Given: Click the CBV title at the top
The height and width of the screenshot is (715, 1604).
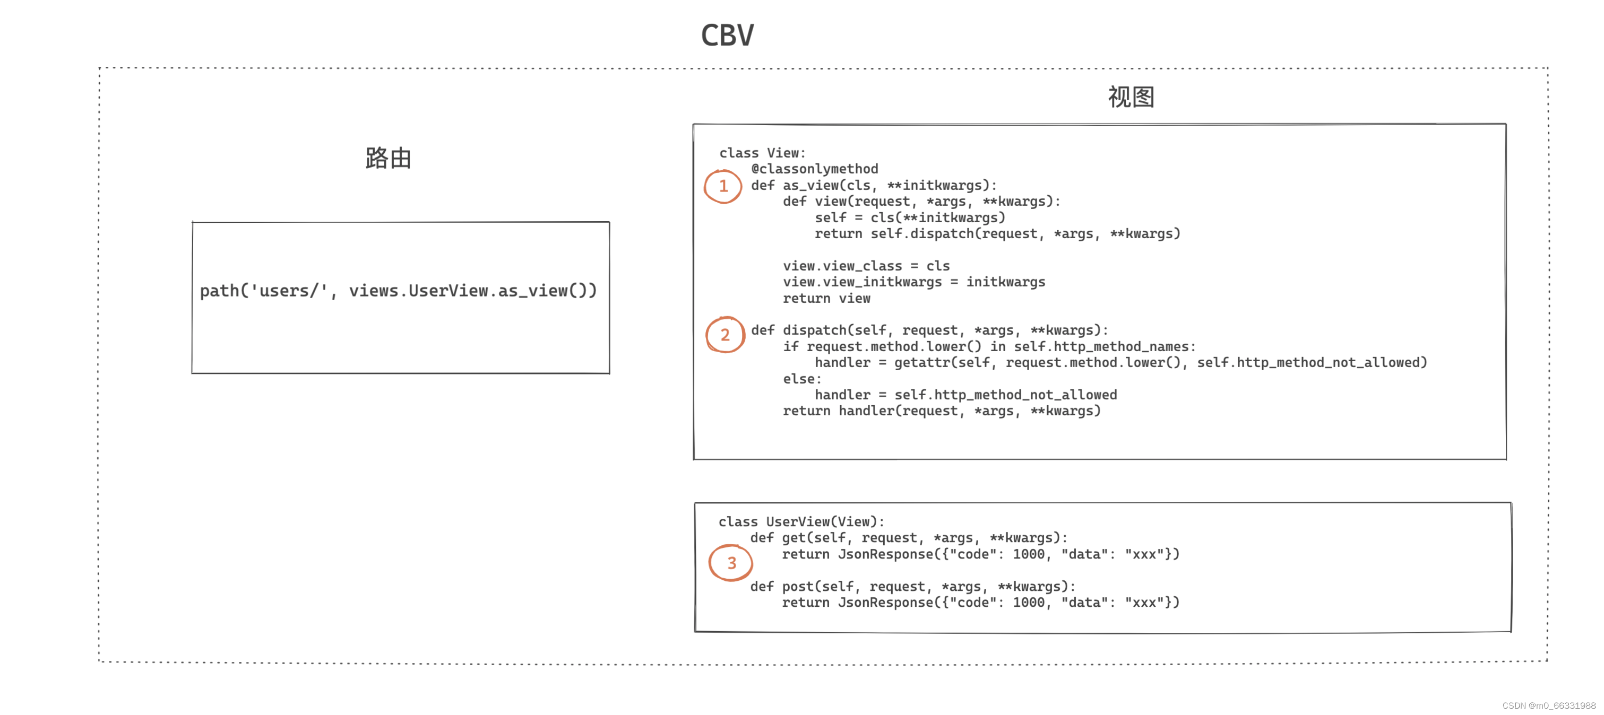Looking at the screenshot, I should point(727,36).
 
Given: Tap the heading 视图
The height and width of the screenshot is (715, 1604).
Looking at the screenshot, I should point(1131,97).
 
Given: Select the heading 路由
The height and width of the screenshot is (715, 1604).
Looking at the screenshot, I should point(388,158).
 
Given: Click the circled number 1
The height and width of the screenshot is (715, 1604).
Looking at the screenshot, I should point(723,186).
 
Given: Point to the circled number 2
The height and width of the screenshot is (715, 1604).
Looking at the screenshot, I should point(725,335).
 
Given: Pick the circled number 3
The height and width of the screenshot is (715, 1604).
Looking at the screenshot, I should point(731,563).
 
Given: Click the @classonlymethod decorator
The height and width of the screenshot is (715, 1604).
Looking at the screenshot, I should point(814,169).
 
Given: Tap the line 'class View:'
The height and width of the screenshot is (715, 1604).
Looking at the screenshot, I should point(762,152).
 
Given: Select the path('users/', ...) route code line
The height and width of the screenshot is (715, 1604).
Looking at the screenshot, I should point(399,291).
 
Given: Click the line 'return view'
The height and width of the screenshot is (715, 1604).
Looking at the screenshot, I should point(826,298).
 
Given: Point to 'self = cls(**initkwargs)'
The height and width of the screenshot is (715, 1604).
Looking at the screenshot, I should point(910,217).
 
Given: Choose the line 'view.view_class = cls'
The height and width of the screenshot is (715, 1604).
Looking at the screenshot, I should point(866,266).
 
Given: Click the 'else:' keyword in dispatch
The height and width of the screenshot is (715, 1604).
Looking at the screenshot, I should point(802,378).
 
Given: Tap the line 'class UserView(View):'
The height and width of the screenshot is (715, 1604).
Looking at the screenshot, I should point(801,521).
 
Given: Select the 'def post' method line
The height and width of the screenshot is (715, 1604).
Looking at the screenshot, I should point(913,586).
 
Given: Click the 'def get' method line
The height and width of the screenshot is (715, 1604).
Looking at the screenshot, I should point(909,538).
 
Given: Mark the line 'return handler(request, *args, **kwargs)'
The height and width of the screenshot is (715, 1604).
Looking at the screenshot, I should point(942,411).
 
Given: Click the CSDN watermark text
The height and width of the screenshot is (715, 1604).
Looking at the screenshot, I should point(1549,705).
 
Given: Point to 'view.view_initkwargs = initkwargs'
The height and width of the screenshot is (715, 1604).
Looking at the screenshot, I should point(914,282).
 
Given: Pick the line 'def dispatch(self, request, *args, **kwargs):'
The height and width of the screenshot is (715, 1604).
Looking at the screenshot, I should point(929,330).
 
